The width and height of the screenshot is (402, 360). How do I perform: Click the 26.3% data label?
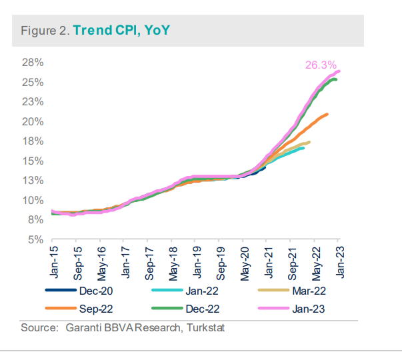pos(321,65)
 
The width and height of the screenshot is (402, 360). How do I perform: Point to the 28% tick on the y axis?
pos(33,63)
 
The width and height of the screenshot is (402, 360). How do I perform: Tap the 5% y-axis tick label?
pos(35,239)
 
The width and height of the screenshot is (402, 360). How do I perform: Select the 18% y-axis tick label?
pos(33,141)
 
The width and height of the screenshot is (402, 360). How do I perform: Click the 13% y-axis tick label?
pos(33,181)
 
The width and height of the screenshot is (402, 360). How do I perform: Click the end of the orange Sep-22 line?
pos(327,114)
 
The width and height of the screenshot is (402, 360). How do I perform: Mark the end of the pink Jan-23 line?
pos(339,71)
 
